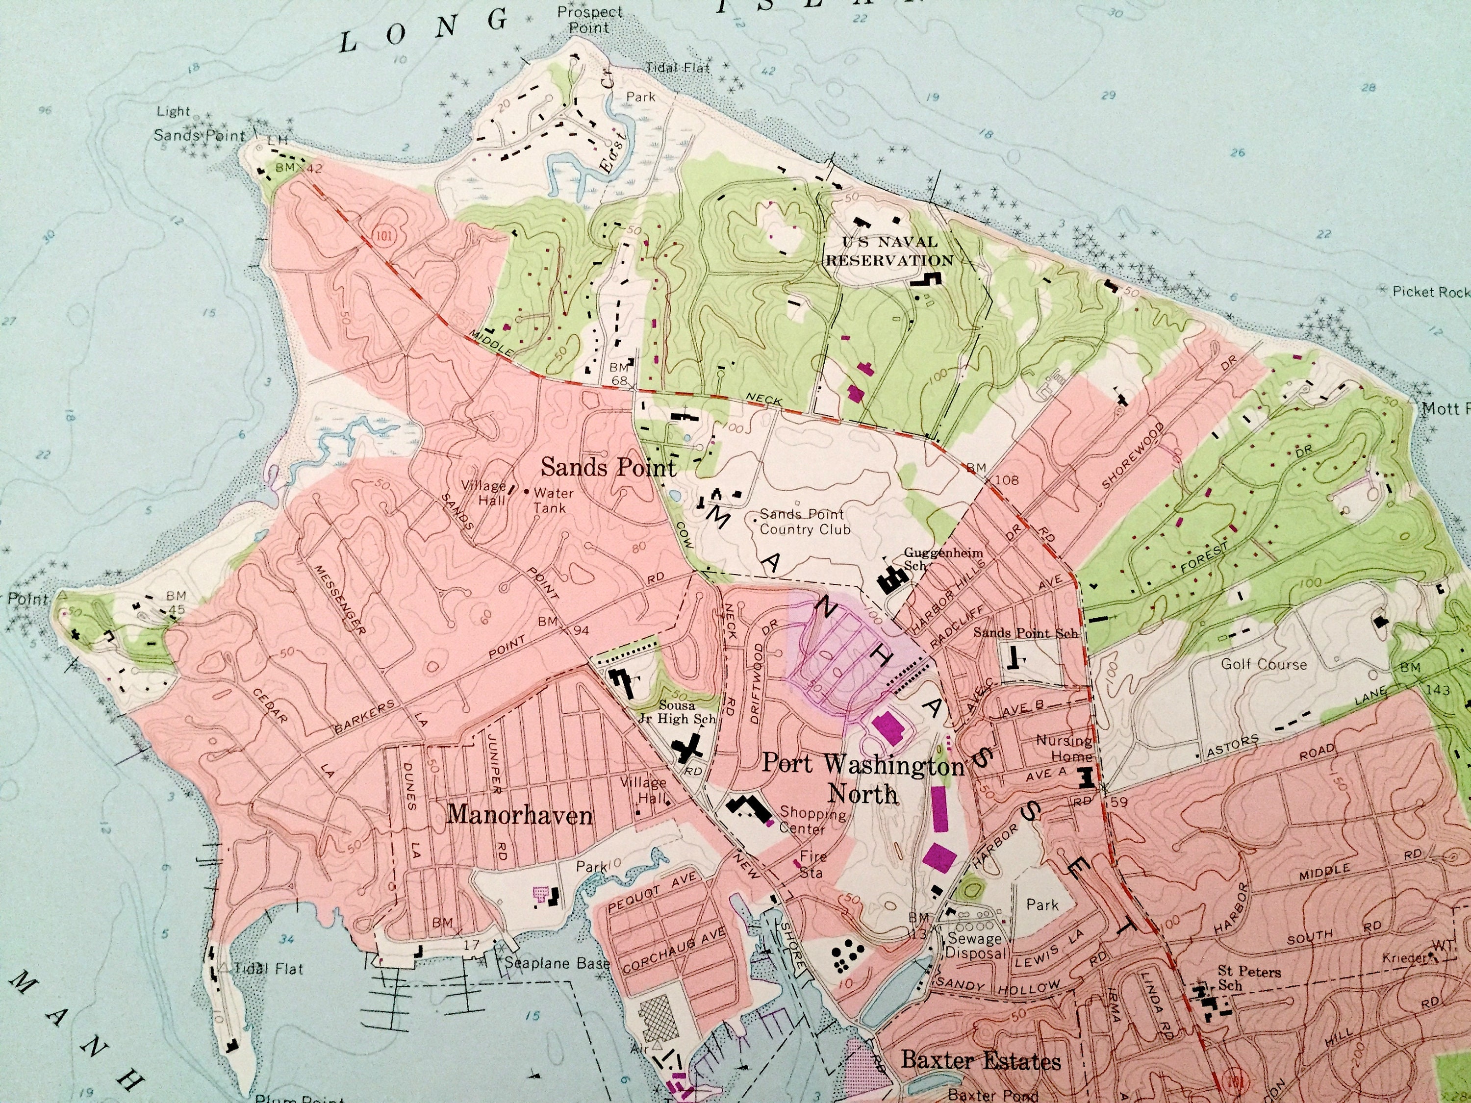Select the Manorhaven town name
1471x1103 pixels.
tap(519, 814)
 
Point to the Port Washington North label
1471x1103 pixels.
tap(862, 778)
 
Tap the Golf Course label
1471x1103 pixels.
tap(1264, 664)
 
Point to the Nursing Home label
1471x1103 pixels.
tap(1064, 748)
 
